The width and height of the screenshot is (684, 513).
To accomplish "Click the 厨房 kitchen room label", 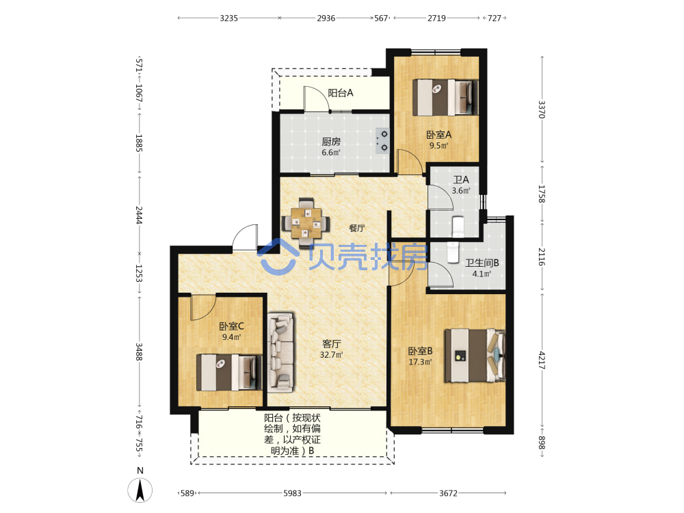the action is [x=331, y=142].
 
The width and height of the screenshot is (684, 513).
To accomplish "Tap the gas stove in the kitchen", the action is [x=382, y=140].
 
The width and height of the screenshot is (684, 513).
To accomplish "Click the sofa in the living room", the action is [x=280, y=352].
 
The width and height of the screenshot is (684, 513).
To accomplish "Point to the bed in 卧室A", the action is [x=445, y=97].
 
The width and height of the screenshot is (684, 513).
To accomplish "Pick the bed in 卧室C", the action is [x=229, y=372].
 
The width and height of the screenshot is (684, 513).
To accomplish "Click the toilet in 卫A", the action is [x=458, y=226].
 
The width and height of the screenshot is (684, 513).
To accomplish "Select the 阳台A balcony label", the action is [x=341, y=92].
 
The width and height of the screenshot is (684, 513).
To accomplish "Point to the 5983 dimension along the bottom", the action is [x=292, y=493].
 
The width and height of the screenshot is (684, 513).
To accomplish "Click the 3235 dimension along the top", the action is [x=228, y=18].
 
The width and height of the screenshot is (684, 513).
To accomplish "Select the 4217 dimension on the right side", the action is [x=541, y=360].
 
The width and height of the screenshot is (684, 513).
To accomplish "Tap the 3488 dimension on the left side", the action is [x=139, y=352].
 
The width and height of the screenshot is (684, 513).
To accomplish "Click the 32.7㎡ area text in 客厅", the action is [x=332, y=354].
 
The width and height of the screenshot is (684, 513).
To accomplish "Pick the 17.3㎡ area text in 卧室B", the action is [x=420, y=362].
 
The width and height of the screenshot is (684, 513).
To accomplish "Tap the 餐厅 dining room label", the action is [x=357, y=228].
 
